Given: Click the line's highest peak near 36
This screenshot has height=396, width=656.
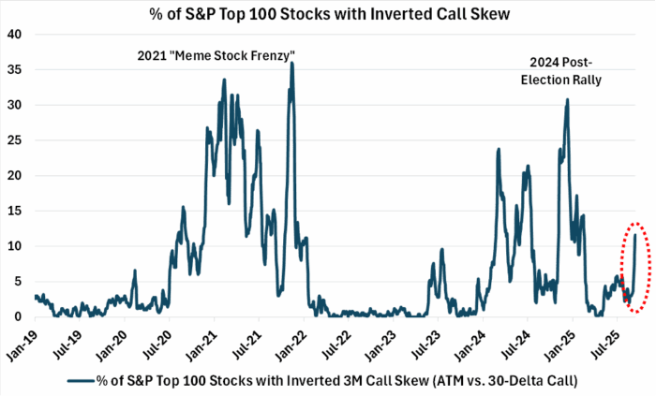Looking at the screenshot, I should point(292,64).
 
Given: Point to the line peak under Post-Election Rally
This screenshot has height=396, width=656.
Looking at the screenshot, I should point(567,99).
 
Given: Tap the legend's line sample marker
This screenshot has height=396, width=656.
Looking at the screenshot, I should point(82,381).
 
